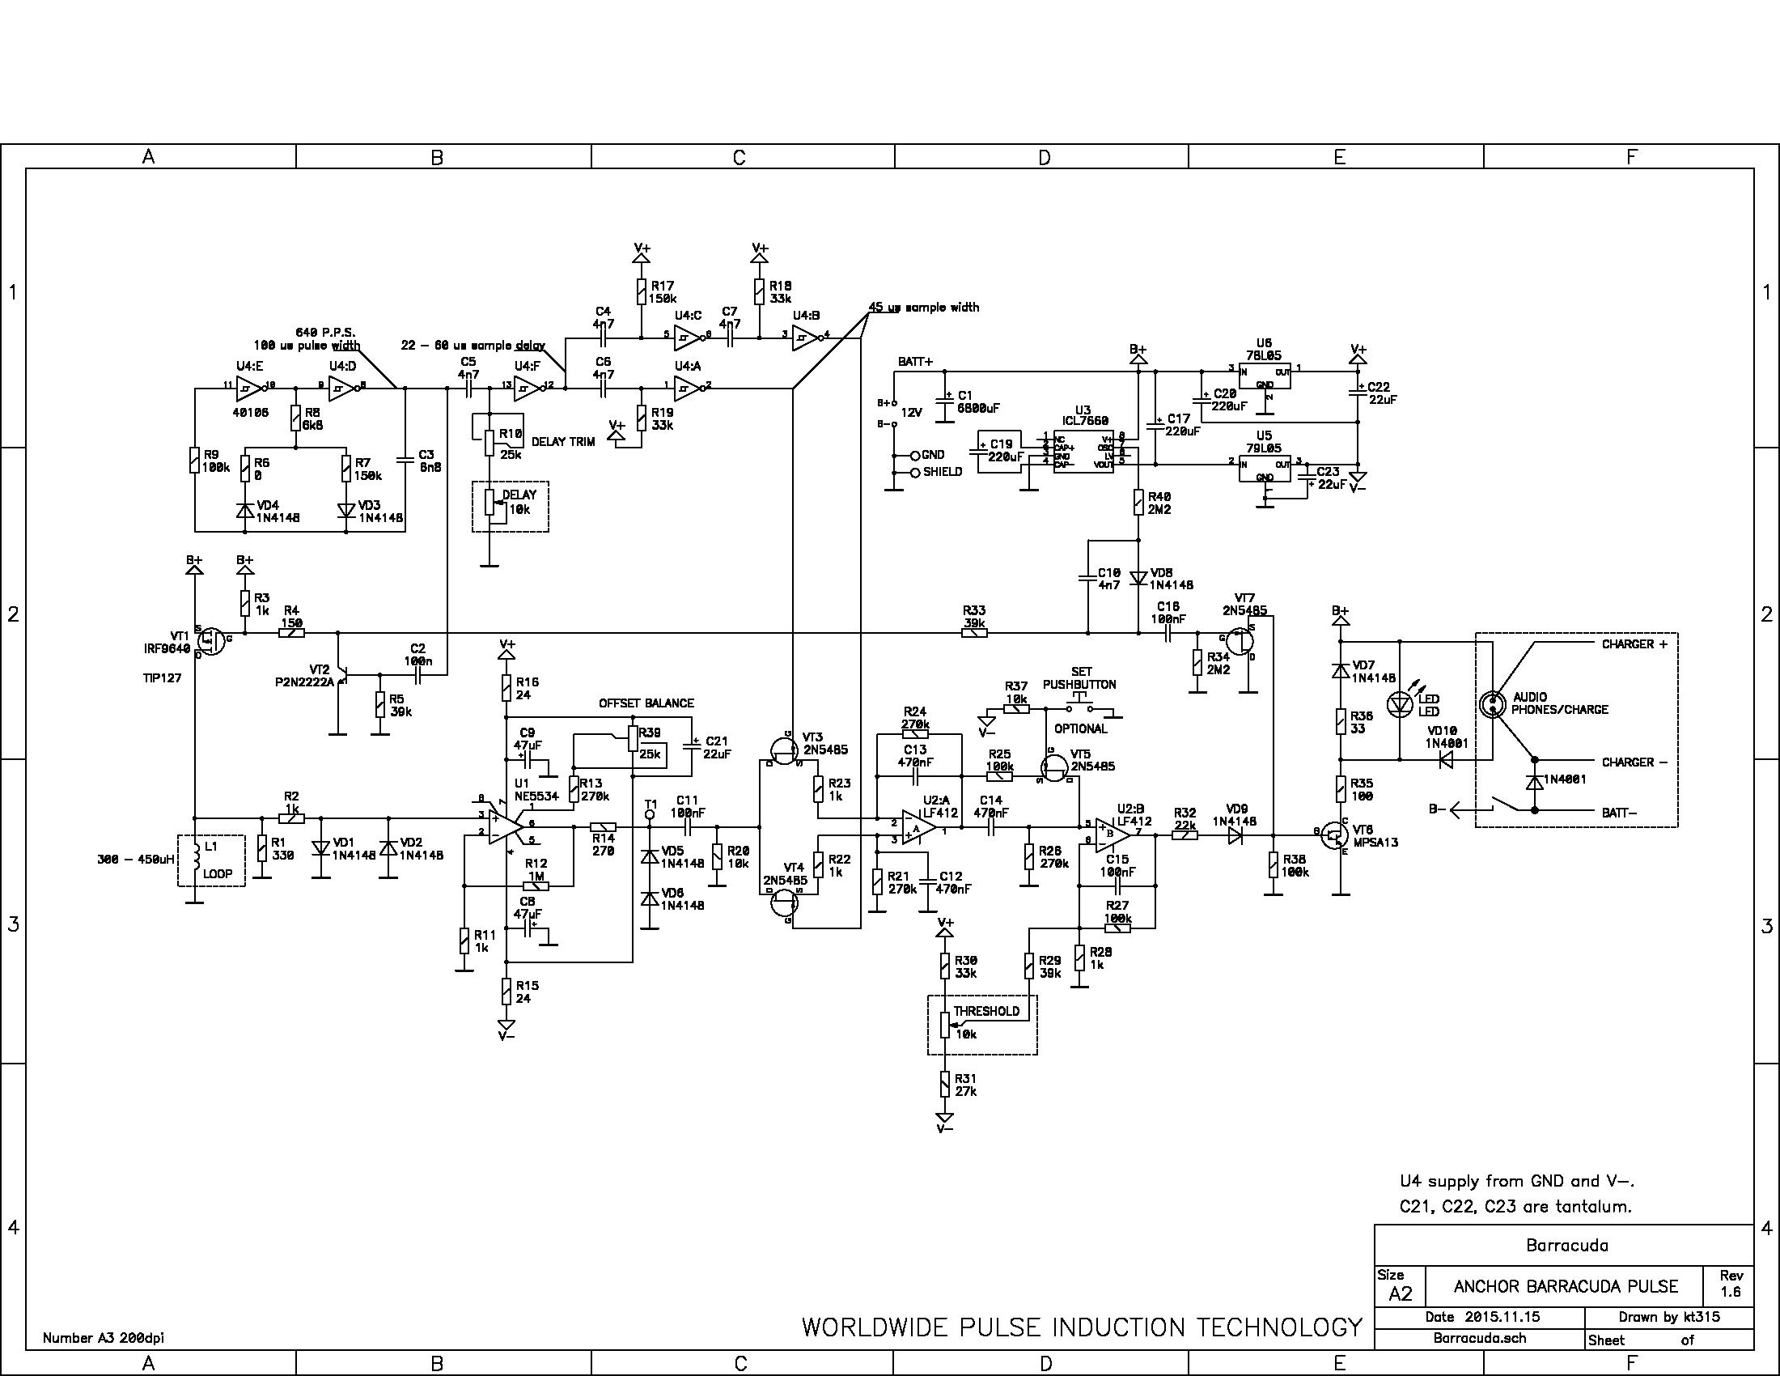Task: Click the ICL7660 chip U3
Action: point(1083,452)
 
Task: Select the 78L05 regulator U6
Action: point(1264,376)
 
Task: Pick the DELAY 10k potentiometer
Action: point(489,502)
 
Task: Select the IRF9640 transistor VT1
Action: point(211,641)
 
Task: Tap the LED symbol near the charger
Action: point(1400,703)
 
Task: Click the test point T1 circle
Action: point(650,813)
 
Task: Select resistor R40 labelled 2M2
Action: point(1138,502)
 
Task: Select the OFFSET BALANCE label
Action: point(646,703)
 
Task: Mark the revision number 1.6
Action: point(1731,1292)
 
